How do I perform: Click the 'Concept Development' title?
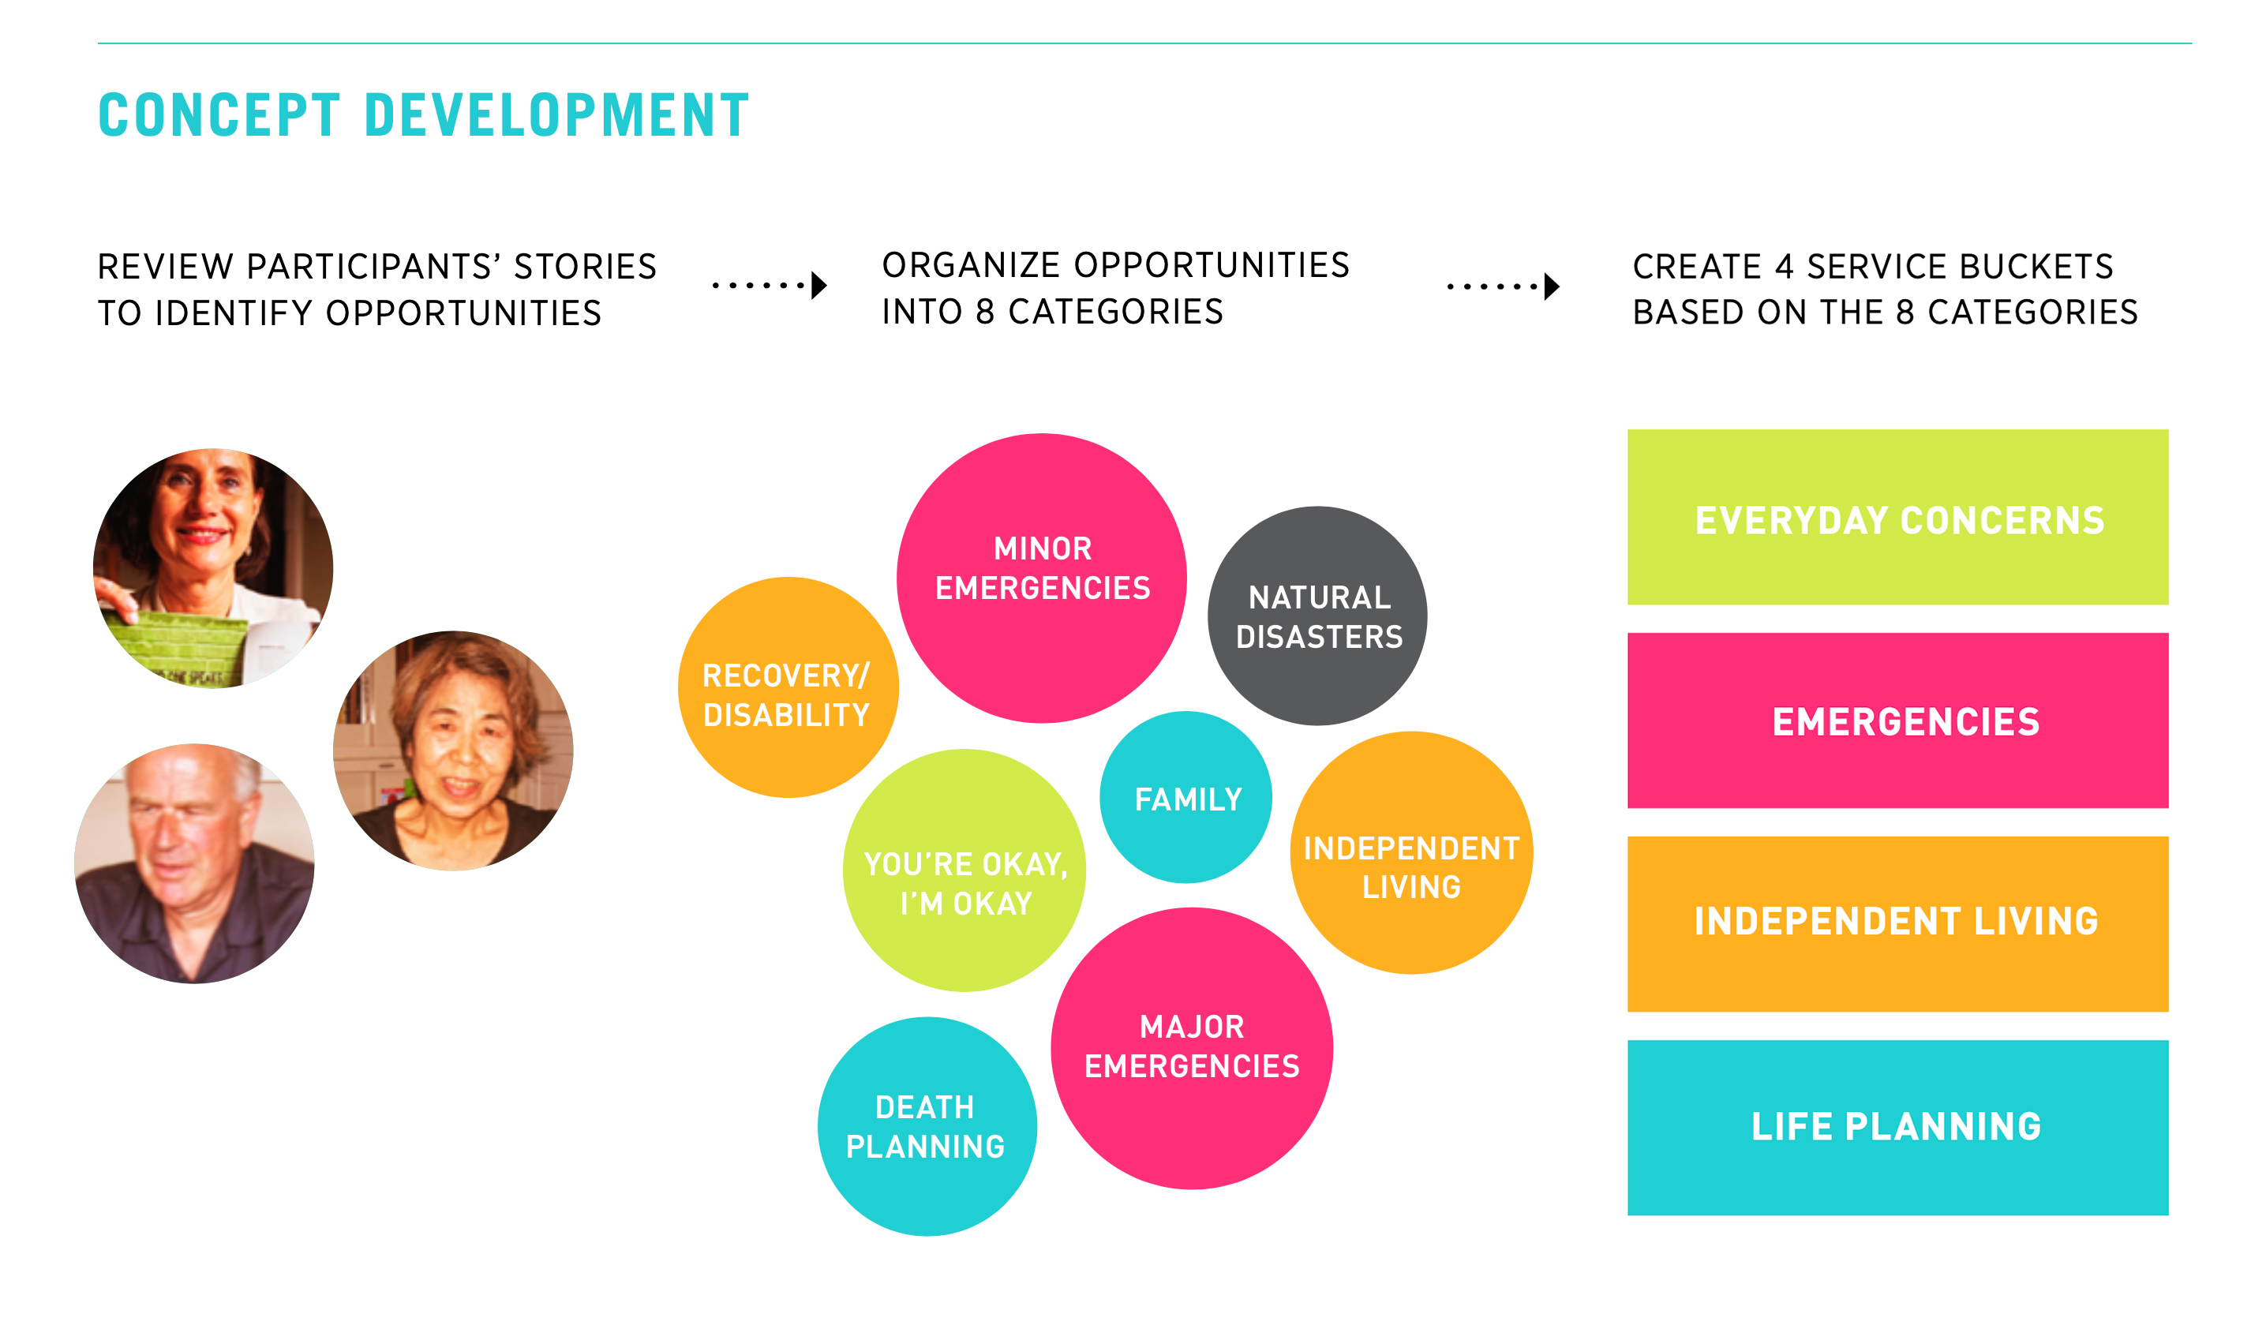424,114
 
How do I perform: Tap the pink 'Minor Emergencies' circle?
1041,578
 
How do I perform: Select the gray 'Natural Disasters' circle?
1317,616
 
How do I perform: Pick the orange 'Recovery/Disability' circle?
788,687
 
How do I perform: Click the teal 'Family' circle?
1185,797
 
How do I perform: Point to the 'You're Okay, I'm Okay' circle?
964,870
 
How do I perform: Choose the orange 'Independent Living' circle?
1410,852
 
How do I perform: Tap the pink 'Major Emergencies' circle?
1191,1048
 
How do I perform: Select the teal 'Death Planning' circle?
927,1126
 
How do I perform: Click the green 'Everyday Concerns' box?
1897,518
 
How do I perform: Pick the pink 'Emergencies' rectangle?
1897,721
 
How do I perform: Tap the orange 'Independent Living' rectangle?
1897,924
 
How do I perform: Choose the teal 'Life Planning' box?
1897,1128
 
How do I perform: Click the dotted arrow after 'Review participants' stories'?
770,286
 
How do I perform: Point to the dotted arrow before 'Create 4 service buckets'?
1504,286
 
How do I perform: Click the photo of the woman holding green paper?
213,568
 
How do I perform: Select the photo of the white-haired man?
194,863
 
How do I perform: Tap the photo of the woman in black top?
452,750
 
